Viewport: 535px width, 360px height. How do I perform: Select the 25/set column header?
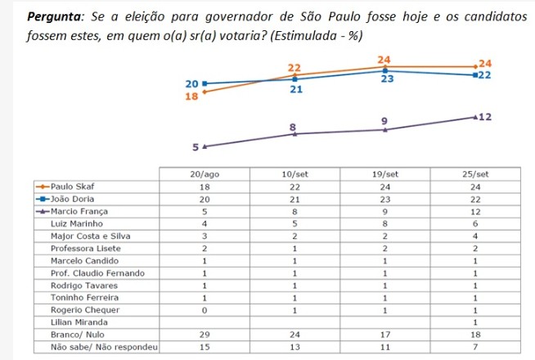(x=475, y=174)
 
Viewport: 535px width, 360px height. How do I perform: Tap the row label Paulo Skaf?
(x=74, y=187)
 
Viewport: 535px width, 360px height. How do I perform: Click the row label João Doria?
(x=72, y=199)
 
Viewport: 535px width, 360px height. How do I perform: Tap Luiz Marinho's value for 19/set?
(x=384, y=223)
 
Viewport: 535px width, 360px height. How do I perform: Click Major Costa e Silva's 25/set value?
(x=475, y=235)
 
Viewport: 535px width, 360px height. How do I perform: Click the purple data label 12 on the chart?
(x=485, y=117)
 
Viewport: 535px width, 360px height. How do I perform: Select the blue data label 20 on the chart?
(x=192, y=83)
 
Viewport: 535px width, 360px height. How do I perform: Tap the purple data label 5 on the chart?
(x=196, y=148)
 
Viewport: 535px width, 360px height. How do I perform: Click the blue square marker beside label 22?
(x=474, y=75)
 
